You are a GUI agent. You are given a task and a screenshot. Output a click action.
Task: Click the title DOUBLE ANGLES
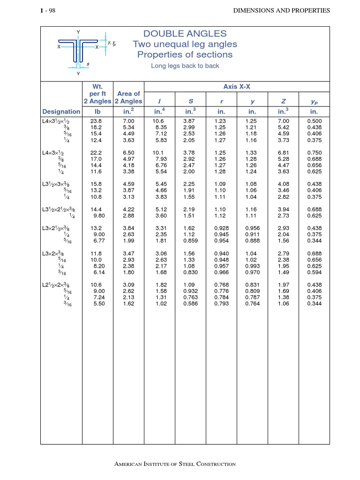tap(185, 34)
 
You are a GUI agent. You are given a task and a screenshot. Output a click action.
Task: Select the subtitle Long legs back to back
tap(185, 66)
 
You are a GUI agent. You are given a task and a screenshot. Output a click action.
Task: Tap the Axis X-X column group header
tap(237, 87)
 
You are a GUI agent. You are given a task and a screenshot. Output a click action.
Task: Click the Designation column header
tap(61, 112)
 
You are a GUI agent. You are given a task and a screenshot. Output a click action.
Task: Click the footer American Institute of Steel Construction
tap(175, 464)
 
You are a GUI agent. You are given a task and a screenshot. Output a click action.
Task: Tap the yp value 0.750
tap(314, 153)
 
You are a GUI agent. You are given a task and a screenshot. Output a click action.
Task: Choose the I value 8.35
tap(161, 127)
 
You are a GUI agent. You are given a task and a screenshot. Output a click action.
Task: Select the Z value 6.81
tap(283, 153)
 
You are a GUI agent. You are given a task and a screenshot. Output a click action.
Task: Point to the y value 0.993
tap(252, 266)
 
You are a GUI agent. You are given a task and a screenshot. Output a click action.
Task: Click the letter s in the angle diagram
tap(88, 63)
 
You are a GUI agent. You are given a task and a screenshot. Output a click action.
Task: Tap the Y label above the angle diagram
tap(78, 32)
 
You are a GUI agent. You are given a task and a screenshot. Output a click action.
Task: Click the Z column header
tap(283, 101)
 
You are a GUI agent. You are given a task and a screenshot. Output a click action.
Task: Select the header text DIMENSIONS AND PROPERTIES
tap(281, 10)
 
